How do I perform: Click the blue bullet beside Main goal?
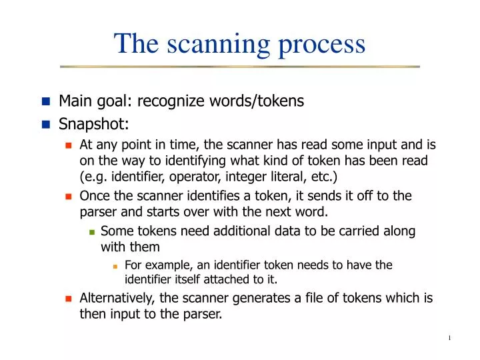[45, 101]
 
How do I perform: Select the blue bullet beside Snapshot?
[45, 124]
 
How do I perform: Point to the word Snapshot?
[85, 124]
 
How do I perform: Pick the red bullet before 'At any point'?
[68, 145]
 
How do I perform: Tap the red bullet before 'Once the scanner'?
[68, 197]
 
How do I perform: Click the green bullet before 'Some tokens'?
[92, 232]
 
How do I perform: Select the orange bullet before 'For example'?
[115, 266]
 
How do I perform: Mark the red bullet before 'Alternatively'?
[68, 299]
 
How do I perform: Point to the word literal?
[282, 177]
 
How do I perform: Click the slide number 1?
[449, 338]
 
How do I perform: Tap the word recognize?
[167, 101]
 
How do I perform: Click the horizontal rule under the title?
[240, 67]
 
